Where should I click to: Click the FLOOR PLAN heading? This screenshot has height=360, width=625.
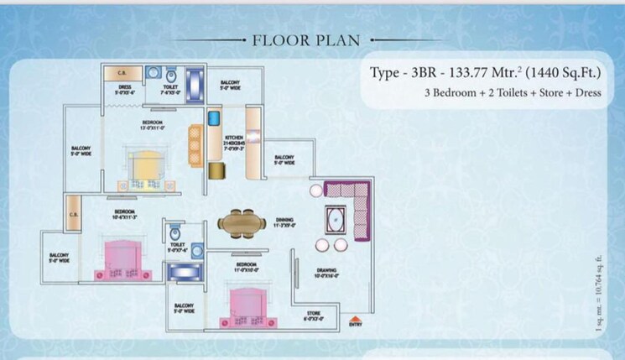click(x=311, y=39)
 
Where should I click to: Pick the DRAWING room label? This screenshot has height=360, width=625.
click(x=328, y=272)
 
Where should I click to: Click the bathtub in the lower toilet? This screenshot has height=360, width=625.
click(x=181, y=271)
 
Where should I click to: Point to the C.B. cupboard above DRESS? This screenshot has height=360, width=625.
click(x=122, y=73)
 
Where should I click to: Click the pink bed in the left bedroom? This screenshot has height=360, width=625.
click(x=123, y=258)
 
